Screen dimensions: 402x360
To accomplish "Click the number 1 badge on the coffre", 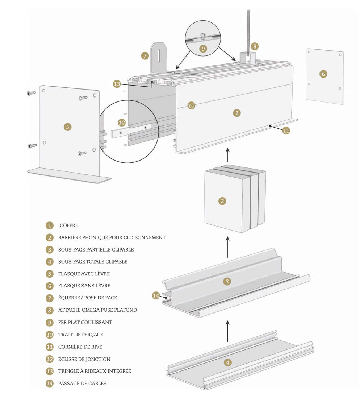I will point(236,113).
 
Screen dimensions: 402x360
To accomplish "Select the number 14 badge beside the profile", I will point(156,295).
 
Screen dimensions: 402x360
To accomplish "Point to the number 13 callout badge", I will point(117,84).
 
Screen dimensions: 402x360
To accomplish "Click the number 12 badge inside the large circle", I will point(122,123).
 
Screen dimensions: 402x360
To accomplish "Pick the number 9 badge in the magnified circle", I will point(203,48).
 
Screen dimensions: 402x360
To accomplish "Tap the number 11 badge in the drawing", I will point(286,130).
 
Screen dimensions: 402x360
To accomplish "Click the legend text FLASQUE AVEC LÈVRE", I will point(84,274).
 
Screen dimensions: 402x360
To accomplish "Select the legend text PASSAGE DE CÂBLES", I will point(82,383).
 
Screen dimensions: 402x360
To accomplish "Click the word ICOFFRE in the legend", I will point(68,225).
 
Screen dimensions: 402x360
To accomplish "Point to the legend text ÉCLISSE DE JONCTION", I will point(84,359).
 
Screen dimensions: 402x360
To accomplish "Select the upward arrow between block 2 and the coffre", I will point(227,156).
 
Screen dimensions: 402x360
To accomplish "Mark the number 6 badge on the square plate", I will point(323,74).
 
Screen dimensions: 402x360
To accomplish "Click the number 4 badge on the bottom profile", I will point(227,362).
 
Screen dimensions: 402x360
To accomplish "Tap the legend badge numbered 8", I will point(50,310).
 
